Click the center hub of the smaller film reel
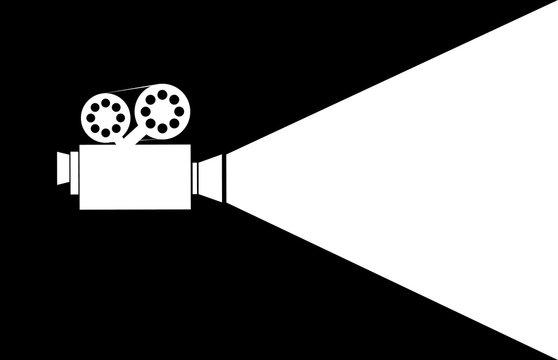tap(104, 117)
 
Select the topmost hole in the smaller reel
tap(104, 102)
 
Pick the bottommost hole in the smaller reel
tap(104, 132)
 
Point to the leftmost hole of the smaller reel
tap(89, 117)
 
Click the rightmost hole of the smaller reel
tap(119, 117)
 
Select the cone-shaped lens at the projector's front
tap(210, 175)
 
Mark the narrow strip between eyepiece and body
tap(74, 170)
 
